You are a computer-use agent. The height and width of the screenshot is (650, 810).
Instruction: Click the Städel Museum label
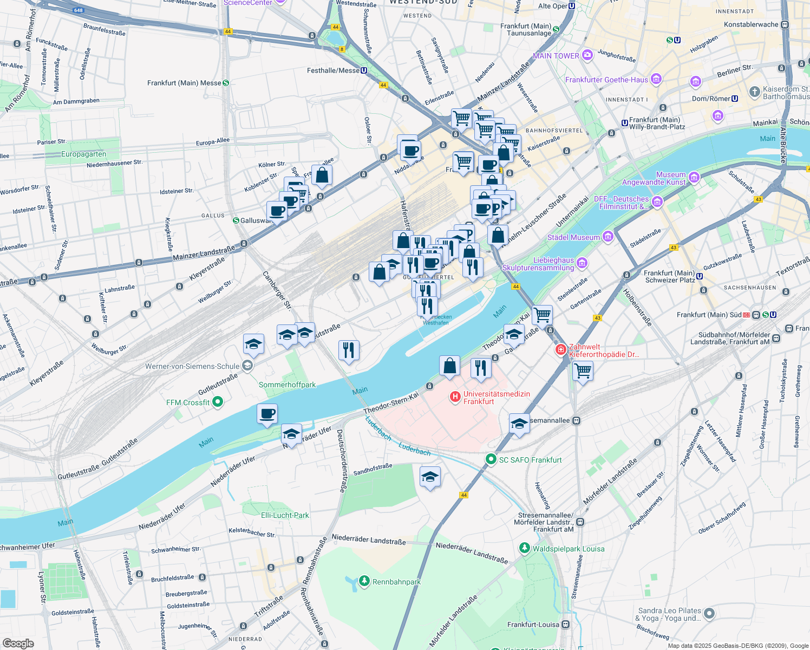point(573,237)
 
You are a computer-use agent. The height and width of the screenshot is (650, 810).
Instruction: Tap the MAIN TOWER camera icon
point(587,56)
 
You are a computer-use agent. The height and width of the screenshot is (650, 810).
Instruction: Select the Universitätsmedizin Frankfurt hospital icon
point(455,398)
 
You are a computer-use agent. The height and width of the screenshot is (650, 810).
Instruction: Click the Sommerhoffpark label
point(287,385)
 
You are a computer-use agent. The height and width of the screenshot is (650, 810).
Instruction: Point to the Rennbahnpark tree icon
point(364,582)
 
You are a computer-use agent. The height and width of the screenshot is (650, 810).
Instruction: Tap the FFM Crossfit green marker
point(218,402)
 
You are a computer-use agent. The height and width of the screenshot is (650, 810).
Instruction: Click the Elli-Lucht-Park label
point(285,515)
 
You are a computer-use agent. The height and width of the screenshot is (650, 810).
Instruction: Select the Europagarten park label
point(83,154)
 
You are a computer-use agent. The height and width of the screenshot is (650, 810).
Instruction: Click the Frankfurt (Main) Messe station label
point(184,83)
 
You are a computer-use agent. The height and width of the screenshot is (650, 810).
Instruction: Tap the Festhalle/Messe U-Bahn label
point(333,70)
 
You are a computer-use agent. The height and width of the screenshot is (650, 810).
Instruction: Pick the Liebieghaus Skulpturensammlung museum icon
point(582,263)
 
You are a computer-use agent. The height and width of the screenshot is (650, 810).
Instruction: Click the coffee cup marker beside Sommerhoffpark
point(267,414)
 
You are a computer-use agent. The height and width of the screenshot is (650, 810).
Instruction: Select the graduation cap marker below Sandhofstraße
point(430,477)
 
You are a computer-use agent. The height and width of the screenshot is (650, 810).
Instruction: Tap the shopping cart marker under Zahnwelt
point(583,372)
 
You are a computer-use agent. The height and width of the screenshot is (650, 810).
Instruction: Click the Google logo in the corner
point(18,643)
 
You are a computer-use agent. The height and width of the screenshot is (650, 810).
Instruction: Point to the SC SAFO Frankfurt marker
point(491,459)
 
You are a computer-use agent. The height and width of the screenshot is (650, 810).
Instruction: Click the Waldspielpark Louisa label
point(569,549)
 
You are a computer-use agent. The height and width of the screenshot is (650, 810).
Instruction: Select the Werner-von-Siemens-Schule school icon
point(247,366)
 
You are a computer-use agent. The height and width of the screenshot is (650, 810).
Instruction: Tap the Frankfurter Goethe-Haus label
point(606,80)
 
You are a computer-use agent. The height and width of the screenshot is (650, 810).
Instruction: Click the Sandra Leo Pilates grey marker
point(709,614)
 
